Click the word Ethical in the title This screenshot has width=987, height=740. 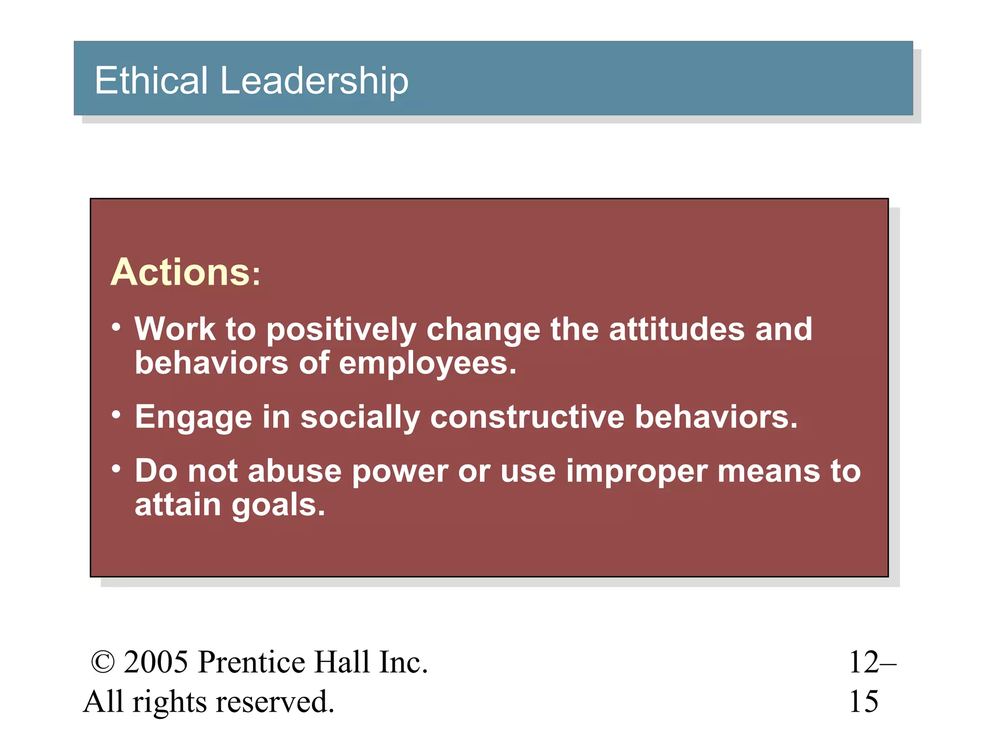click(151, 80)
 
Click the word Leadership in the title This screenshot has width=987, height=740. click(314, 81)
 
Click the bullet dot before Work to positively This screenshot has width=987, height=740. click(116, 328)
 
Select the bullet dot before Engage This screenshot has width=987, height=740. click(116, 415)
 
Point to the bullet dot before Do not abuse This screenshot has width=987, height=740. click(116, 469)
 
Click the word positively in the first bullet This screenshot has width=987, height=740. click(341, 330)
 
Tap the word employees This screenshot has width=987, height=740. click(427, 364)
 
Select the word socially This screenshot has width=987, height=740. click(360, 417)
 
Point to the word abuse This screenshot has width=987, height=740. click(294, 471)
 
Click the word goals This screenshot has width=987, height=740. click(278, 506)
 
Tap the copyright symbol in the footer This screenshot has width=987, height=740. click(103, 662)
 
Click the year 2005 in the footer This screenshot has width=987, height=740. click(156, 662)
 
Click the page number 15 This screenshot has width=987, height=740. click(864, 701)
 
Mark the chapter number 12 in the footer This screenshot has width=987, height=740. click(864, 662)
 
